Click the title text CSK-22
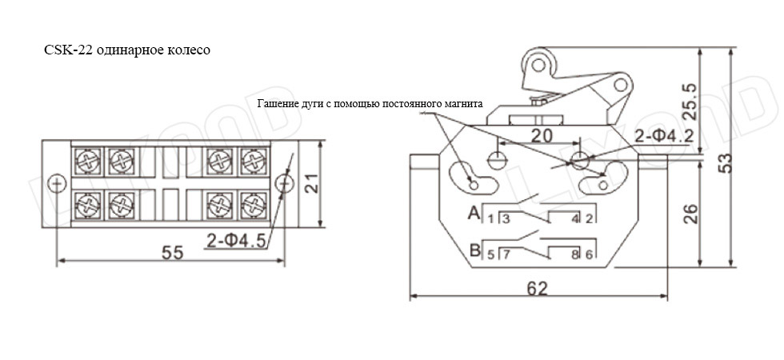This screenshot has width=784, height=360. click(x=68, y=51)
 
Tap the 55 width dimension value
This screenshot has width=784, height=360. click(x=173, y=253)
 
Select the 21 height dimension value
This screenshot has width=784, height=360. click(x=310, y=183)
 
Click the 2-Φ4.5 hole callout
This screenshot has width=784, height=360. click(x=235, y=242)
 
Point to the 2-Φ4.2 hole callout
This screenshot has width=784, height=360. click(x=663, y=135)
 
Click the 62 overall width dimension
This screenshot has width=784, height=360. click(x=538, y=289)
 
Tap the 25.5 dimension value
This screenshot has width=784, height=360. click(x=690, y=102)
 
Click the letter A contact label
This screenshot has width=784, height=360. click(x=474, y=214)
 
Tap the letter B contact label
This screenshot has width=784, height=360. click(x=474, y=249)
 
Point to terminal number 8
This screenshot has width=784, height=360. click(x=575, y=254)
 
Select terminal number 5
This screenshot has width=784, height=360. click(x=491, y=254)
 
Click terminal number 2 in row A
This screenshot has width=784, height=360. click(x=589, y=218)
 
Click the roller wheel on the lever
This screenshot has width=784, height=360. click(x=538, y=65)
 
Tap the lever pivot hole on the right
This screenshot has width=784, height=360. click(x=621, y=85)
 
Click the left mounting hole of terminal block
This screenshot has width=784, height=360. click(x=57, y=183)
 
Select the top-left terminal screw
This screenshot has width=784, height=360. click(x=89, y=162)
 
